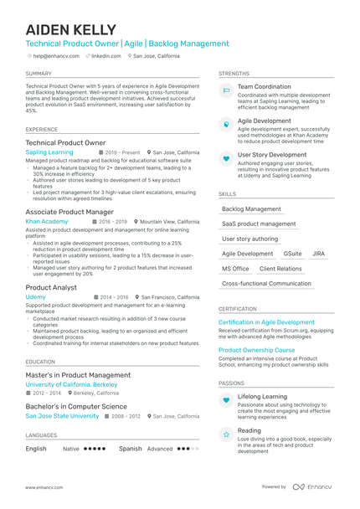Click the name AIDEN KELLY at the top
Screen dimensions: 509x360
pos(70,29)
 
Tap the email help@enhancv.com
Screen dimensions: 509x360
pos(55,55)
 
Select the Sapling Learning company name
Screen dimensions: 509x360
pos(49,153)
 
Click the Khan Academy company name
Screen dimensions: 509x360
pos(46,222)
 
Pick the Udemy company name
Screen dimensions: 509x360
pos(36,297)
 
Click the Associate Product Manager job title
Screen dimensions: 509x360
pos(69,212)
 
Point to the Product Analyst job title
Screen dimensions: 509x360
pos(51,287)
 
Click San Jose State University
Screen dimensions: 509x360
pos(62,416)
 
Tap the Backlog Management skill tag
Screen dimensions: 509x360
pos(251,209)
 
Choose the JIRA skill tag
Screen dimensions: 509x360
pos(318,254)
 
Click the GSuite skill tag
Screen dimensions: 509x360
pos(292,254)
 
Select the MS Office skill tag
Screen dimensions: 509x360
pos(235,269)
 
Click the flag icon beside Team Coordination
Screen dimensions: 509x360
pos(226,90)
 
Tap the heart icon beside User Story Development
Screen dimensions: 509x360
pos(226,158)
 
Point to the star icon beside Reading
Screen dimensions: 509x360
pos(226,434)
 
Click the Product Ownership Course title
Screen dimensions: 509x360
pos(256,351)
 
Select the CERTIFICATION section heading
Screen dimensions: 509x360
pos(238,308)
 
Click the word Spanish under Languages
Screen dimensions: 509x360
pos(131,449)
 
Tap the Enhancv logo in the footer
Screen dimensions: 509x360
pos(312,486)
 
